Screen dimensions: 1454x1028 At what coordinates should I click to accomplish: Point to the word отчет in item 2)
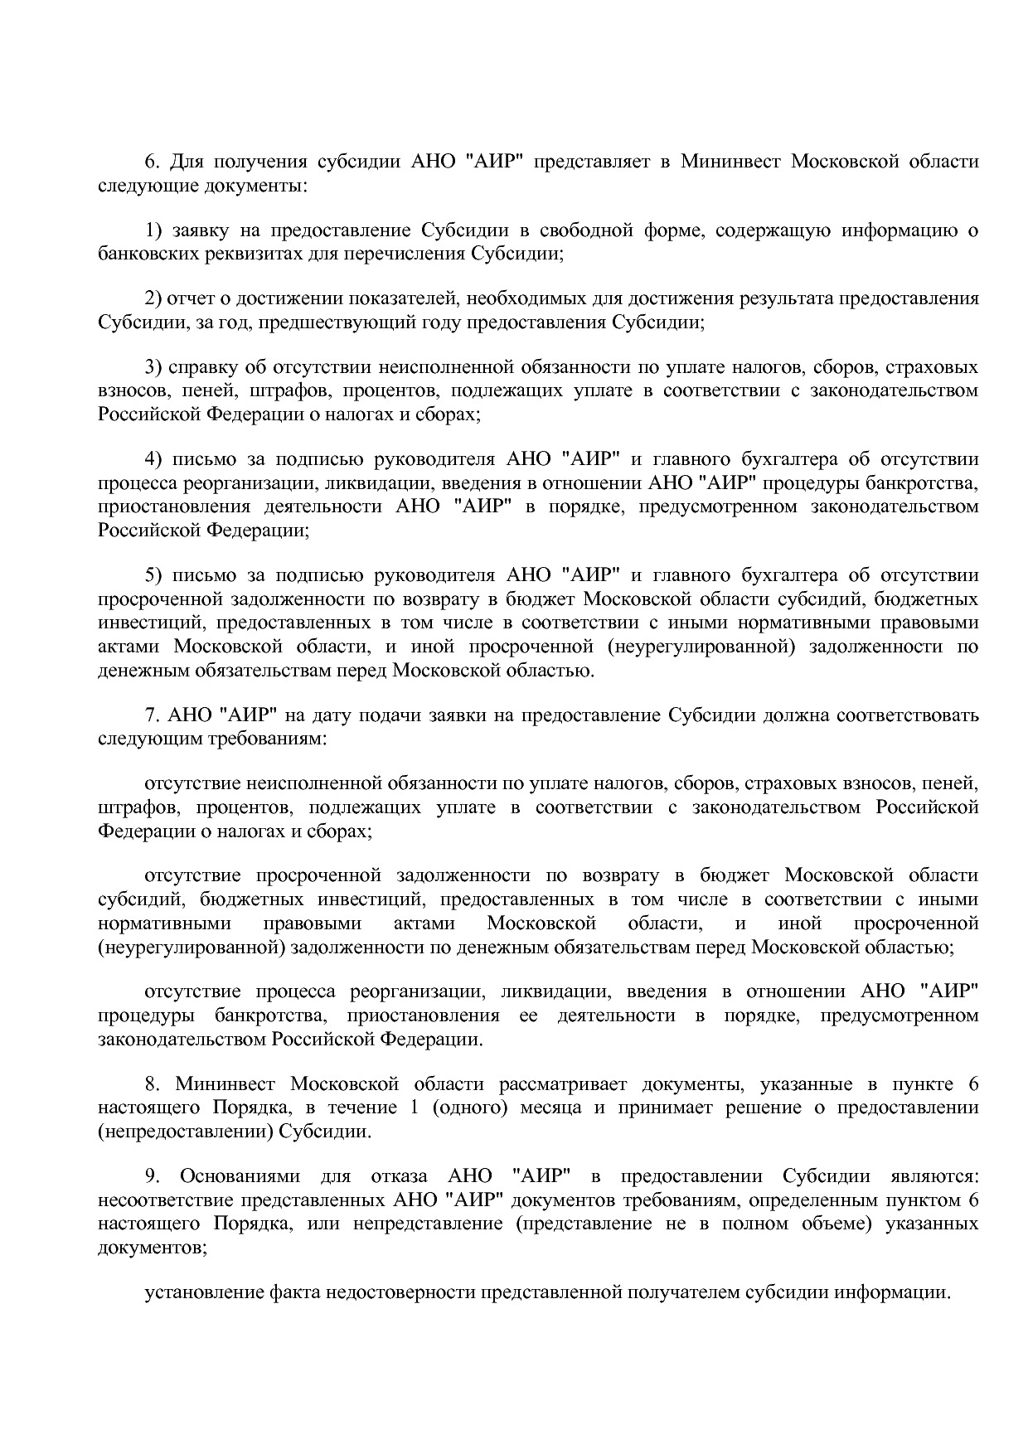(192, 298)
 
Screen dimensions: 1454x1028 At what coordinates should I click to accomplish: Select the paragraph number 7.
(151, 715)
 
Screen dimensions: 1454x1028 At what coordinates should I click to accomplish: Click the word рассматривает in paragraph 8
(552, 1084)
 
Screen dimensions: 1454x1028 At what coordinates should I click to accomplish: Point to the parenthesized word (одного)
(469, 1108)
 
